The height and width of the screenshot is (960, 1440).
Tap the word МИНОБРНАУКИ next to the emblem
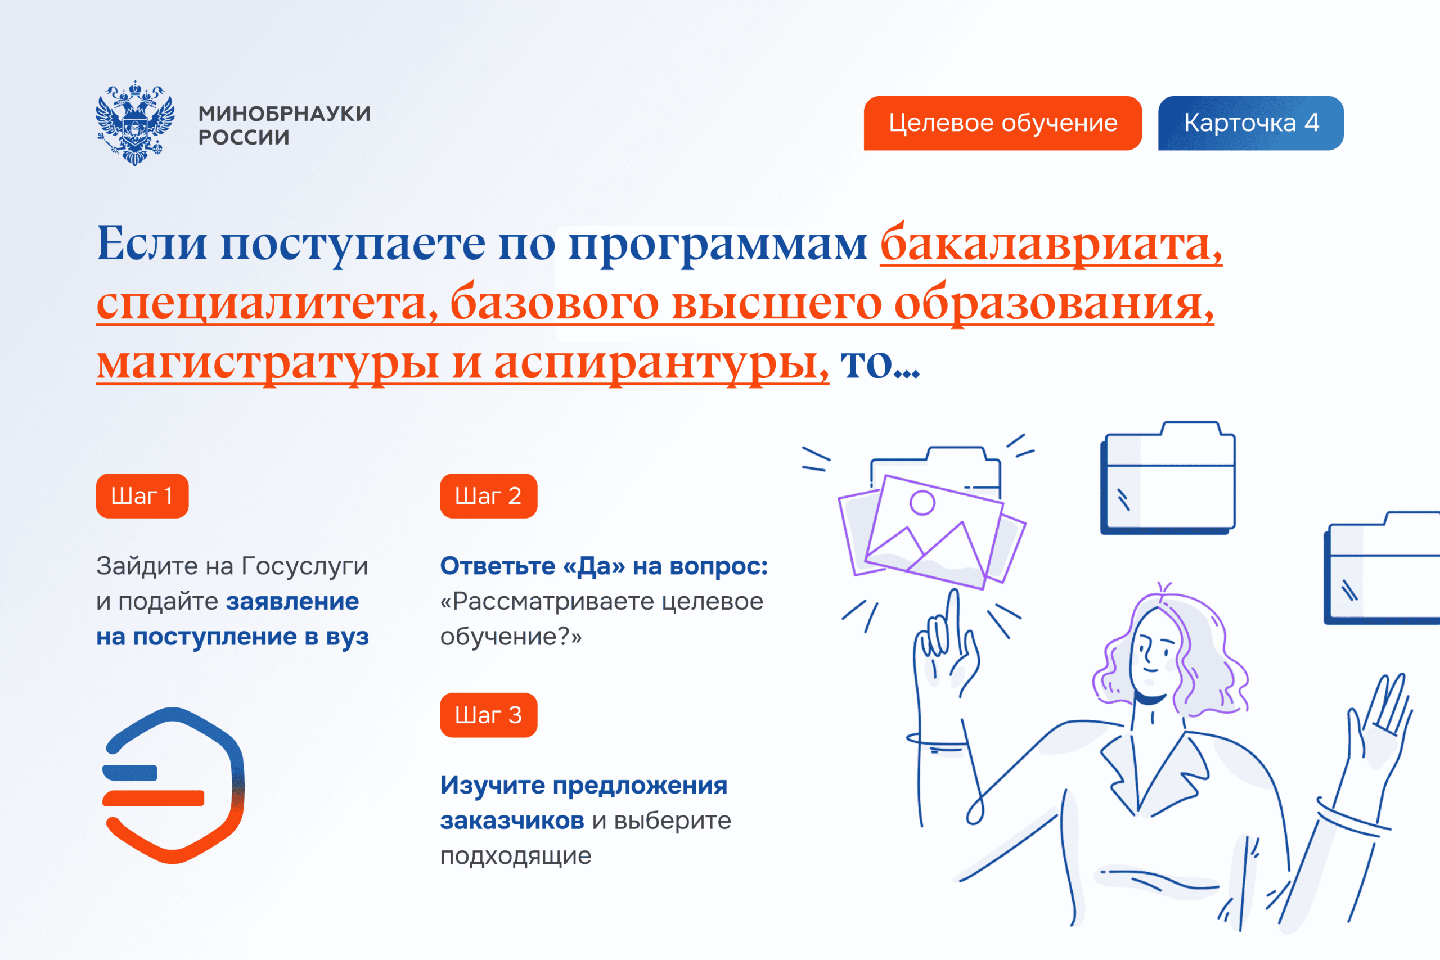[285, 114]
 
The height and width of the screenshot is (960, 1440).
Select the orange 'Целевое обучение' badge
[1003, 123]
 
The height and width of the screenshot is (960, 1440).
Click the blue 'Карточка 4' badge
[1251, 123]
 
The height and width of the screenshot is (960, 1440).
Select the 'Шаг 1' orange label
[142, 496]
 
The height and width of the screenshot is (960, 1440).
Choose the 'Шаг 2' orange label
[489, 496]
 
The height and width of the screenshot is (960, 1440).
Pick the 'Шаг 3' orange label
[489, 715]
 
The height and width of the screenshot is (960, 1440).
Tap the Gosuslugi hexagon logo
[173, 786]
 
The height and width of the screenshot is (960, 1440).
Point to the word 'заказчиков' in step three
[512, 821]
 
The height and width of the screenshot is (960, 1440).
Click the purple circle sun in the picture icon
[922, 503]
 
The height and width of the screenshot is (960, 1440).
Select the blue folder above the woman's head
[1168, 477]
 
